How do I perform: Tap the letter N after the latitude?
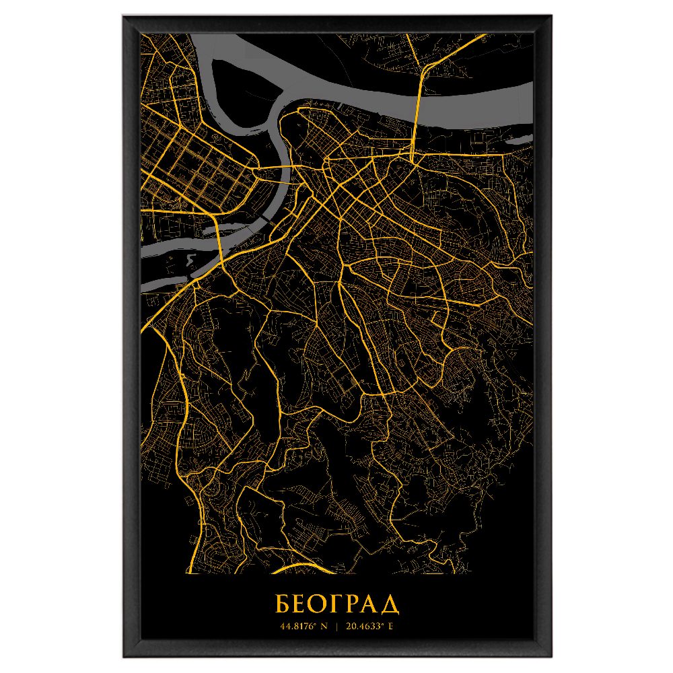(324, 627)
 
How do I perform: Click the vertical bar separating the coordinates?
(336, 627)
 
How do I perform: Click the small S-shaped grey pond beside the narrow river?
(191, 259)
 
